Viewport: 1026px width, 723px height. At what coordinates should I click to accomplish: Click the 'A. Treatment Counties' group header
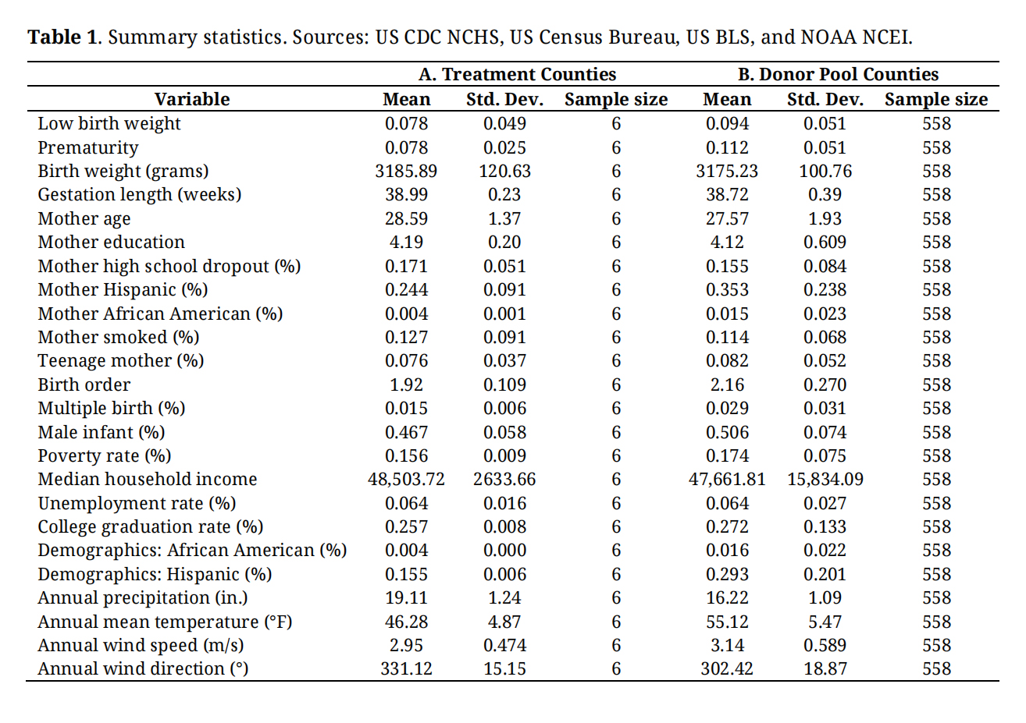point(517,74)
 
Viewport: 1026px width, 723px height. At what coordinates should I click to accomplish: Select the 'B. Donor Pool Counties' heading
point(838,74)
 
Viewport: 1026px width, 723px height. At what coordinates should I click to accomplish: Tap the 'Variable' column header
point(192,99)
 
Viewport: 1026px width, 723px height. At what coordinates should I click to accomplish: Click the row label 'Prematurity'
point(88,147)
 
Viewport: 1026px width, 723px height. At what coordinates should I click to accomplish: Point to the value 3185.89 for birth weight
point(406,171)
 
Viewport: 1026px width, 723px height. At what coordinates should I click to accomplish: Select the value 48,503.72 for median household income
point(406,479)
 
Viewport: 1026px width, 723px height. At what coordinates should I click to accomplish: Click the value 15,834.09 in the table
point(825,479)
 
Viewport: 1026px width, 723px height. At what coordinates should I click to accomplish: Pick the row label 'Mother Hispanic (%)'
point(123,289)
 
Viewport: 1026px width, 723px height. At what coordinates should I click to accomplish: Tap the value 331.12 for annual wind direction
point(406,668)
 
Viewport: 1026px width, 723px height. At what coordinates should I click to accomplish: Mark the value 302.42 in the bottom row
point(727,668)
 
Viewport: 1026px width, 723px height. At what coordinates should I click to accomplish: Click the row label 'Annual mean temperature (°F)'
point(165,622)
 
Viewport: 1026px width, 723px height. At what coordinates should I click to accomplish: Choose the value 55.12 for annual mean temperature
point(727,622)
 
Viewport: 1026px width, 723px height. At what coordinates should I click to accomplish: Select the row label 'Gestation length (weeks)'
point(139,194)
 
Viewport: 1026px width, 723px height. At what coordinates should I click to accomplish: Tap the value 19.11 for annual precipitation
point(406,597)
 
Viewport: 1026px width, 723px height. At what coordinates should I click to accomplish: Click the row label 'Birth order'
point(84,385)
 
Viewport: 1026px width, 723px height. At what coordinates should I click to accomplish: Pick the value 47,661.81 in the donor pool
point(727,479)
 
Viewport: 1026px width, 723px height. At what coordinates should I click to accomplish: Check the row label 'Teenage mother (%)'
point(120,360)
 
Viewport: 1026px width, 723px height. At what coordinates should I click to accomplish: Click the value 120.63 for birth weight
point(504,171)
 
